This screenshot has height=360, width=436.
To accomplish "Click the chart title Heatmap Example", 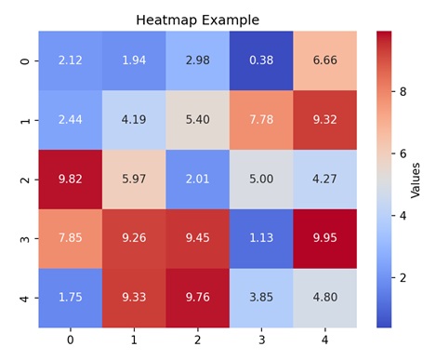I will click(x=197, y=20).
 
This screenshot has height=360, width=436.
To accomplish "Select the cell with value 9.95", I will click(x=324, y=238).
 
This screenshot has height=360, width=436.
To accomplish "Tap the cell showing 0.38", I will click(x=261, y=60).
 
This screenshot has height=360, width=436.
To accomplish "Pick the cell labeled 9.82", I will click(x=70, y=179).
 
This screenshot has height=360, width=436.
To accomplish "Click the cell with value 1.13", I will click(x=261, y=238).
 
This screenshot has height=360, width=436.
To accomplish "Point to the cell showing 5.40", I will click(x=197, y=120).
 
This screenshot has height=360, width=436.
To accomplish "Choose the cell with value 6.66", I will click(x=324, y=60).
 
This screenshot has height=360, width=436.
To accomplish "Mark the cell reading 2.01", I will click(x=197, y=179).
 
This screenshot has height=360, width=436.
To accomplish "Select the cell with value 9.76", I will click(x=197, y=298).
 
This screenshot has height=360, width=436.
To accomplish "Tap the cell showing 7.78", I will click(x=261, y=120).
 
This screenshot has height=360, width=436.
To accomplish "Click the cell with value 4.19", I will click(x=134, y=120).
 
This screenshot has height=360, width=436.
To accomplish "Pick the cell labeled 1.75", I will click(x=70, y=298).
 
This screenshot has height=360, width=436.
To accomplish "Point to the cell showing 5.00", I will click(x=261, y=179).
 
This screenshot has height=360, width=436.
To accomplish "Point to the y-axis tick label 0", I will click(x=24, y=60).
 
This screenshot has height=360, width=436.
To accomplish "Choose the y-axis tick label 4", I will click(x=24, y=298).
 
